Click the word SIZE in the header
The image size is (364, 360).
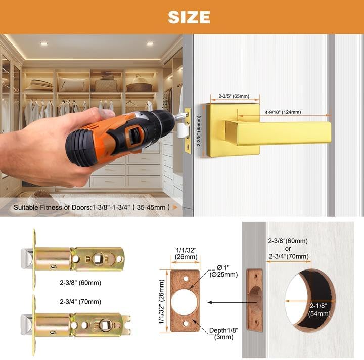[189, 17]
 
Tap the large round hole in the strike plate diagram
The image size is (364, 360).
[184, 302]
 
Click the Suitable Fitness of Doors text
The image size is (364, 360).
[91, 207]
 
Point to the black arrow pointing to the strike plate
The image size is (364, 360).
[227, 302]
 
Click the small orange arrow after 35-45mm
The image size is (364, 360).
[175, 207]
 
